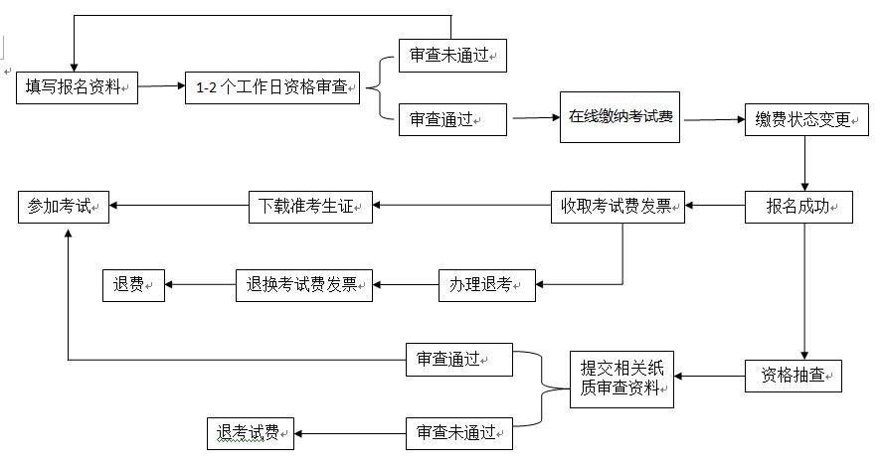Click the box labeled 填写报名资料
pos(77,87)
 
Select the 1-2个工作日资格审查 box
pos(271,87)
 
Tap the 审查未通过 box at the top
pos(451,56)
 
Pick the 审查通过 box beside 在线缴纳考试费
pos(451,119)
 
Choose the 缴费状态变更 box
pos(798,119)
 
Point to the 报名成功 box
pos(798,207)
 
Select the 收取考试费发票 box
pos(618,207)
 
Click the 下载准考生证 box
pos(310,207)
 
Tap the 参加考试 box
pos(64,207)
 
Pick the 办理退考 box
pos(486,285)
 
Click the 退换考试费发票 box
pos(303,285)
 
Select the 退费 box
pos(133,285)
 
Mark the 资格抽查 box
pos(794,376)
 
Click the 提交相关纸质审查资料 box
pos(620,379)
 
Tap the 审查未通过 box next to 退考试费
pos(458,433)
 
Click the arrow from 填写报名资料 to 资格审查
pos(161,87)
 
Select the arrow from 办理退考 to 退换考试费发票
pos(406,285)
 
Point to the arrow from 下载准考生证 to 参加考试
pos(178,207)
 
